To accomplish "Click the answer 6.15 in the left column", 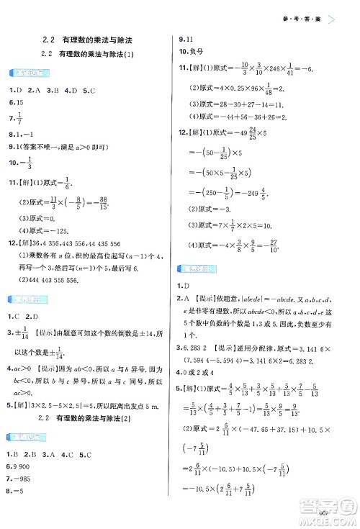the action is [x=16, y=102].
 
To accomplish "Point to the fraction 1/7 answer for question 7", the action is [x=20, y=118].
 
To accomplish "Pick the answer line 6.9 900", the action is [x=21, y=466].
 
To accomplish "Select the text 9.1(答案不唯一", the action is [x=37, y=146].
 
